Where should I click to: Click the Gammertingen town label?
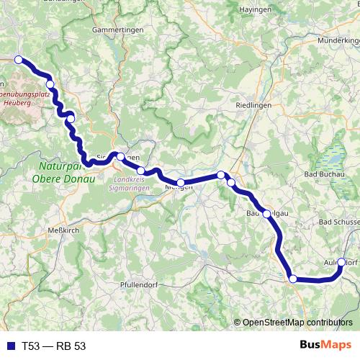(x=114, y=30)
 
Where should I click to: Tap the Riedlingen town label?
(x=252, y=106)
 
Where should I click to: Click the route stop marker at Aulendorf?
(x=341, y=263)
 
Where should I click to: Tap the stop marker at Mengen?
(x=181, y=183)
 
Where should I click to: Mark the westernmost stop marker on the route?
(x=19, y=60)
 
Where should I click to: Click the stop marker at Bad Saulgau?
(x=267, y=213)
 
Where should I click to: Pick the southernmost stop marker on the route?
(x=292, y=279)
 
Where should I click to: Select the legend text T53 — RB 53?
(x=53, y=346)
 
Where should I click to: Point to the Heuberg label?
(x=18, y=103)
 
